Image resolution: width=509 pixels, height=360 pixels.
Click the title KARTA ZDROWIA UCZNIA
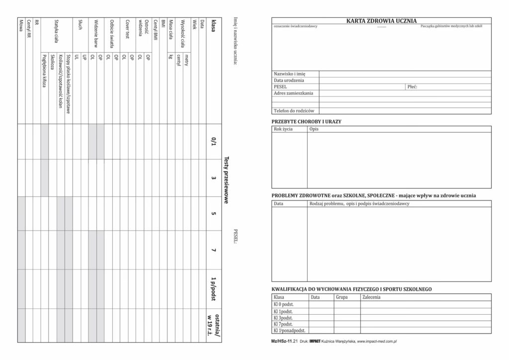click(381, 20)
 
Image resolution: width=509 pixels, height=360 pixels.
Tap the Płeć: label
click(412, 87)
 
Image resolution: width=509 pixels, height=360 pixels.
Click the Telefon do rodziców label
click(293, 110)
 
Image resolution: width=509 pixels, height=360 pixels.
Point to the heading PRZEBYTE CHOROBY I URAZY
click(306, 121)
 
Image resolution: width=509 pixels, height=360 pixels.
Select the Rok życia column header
click(283, 129)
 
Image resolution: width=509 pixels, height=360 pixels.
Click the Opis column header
click(314, 129)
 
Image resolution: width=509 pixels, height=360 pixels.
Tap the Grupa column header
click(341, 297)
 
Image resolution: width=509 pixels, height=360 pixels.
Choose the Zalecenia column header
click(372, 297)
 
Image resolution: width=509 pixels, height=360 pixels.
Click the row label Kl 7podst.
click(283, 324)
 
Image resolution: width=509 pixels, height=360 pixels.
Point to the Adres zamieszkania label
click(293, 93)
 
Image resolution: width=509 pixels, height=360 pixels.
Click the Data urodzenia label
click(289, 80)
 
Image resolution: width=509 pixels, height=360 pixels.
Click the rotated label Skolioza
click(52, 62)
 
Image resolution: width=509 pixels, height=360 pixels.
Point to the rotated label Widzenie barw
click(96, 32)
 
